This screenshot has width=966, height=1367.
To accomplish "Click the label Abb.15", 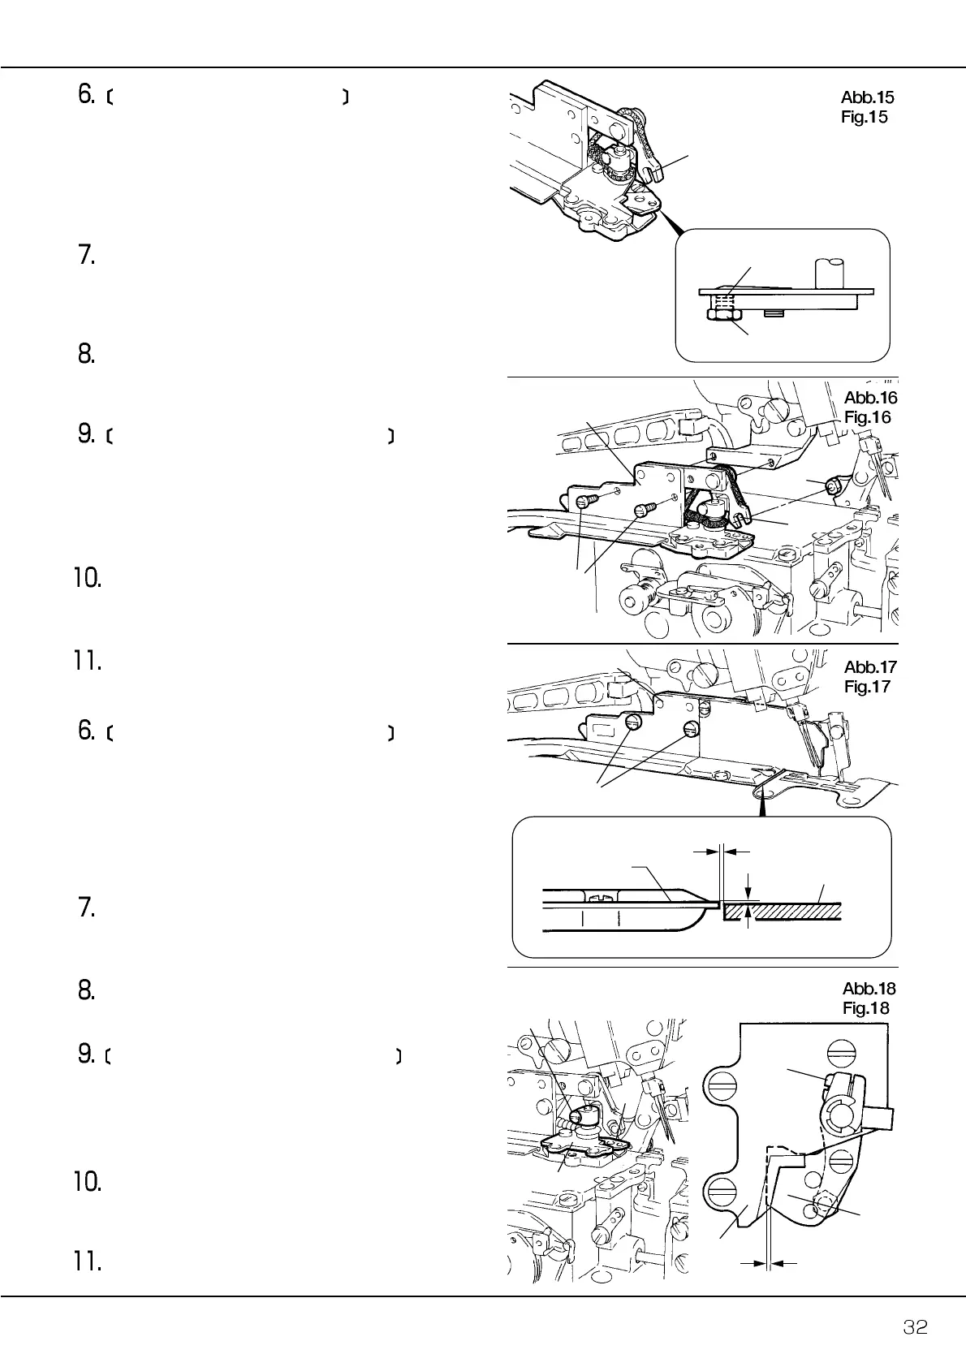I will point(868,97).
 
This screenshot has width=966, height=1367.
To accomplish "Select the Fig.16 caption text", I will point(867,417).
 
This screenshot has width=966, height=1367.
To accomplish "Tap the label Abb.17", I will point(869,667).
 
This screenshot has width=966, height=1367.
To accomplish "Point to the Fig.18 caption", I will point(866,1008).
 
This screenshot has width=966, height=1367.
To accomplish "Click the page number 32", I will point(916,1327).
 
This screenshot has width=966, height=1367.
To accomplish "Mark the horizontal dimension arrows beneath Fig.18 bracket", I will point(768,1263).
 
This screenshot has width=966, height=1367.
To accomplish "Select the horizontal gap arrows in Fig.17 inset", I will point(722,852).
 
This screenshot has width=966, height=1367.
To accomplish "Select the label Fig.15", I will point(865,117).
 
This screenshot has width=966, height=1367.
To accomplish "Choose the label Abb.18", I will point(869,989).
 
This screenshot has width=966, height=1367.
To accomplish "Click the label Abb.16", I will point(870,398).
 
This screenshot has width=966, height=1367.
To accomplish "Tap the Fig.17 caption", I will point(867,687).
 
